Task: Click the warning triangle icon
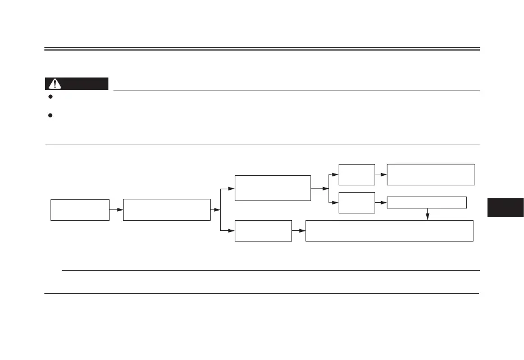coord(55,84)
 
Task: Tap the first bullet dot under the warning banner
coord(51,97)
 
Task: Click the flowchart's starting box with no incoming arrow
coord(80,209)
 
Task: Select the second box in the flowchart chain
coord(166,209)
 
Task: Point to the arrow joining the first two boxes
coord(116,209)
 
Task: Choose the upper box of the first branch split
coord(272,188)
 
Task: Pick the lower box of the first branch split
coord(263,231)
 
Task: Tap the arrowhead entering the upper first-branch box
coord(231,188)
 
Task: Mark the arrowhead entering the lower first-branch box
coord(231,231)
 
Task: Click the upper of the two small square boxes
coord(357,175)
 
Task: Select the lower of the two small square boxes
coord(357,203)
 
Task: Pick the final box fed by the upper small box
coord(431,175)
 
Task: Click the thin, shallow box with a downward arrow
coord(427,203)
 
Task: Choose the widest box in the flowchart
coord(389,231)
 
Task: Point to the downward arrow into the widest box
coord(428,215)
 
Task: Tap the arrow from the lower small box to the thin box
coord(381,203)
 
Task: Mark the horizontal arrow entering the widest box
coord(299,231)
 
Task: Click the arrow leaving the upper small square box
coord(381,175)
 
